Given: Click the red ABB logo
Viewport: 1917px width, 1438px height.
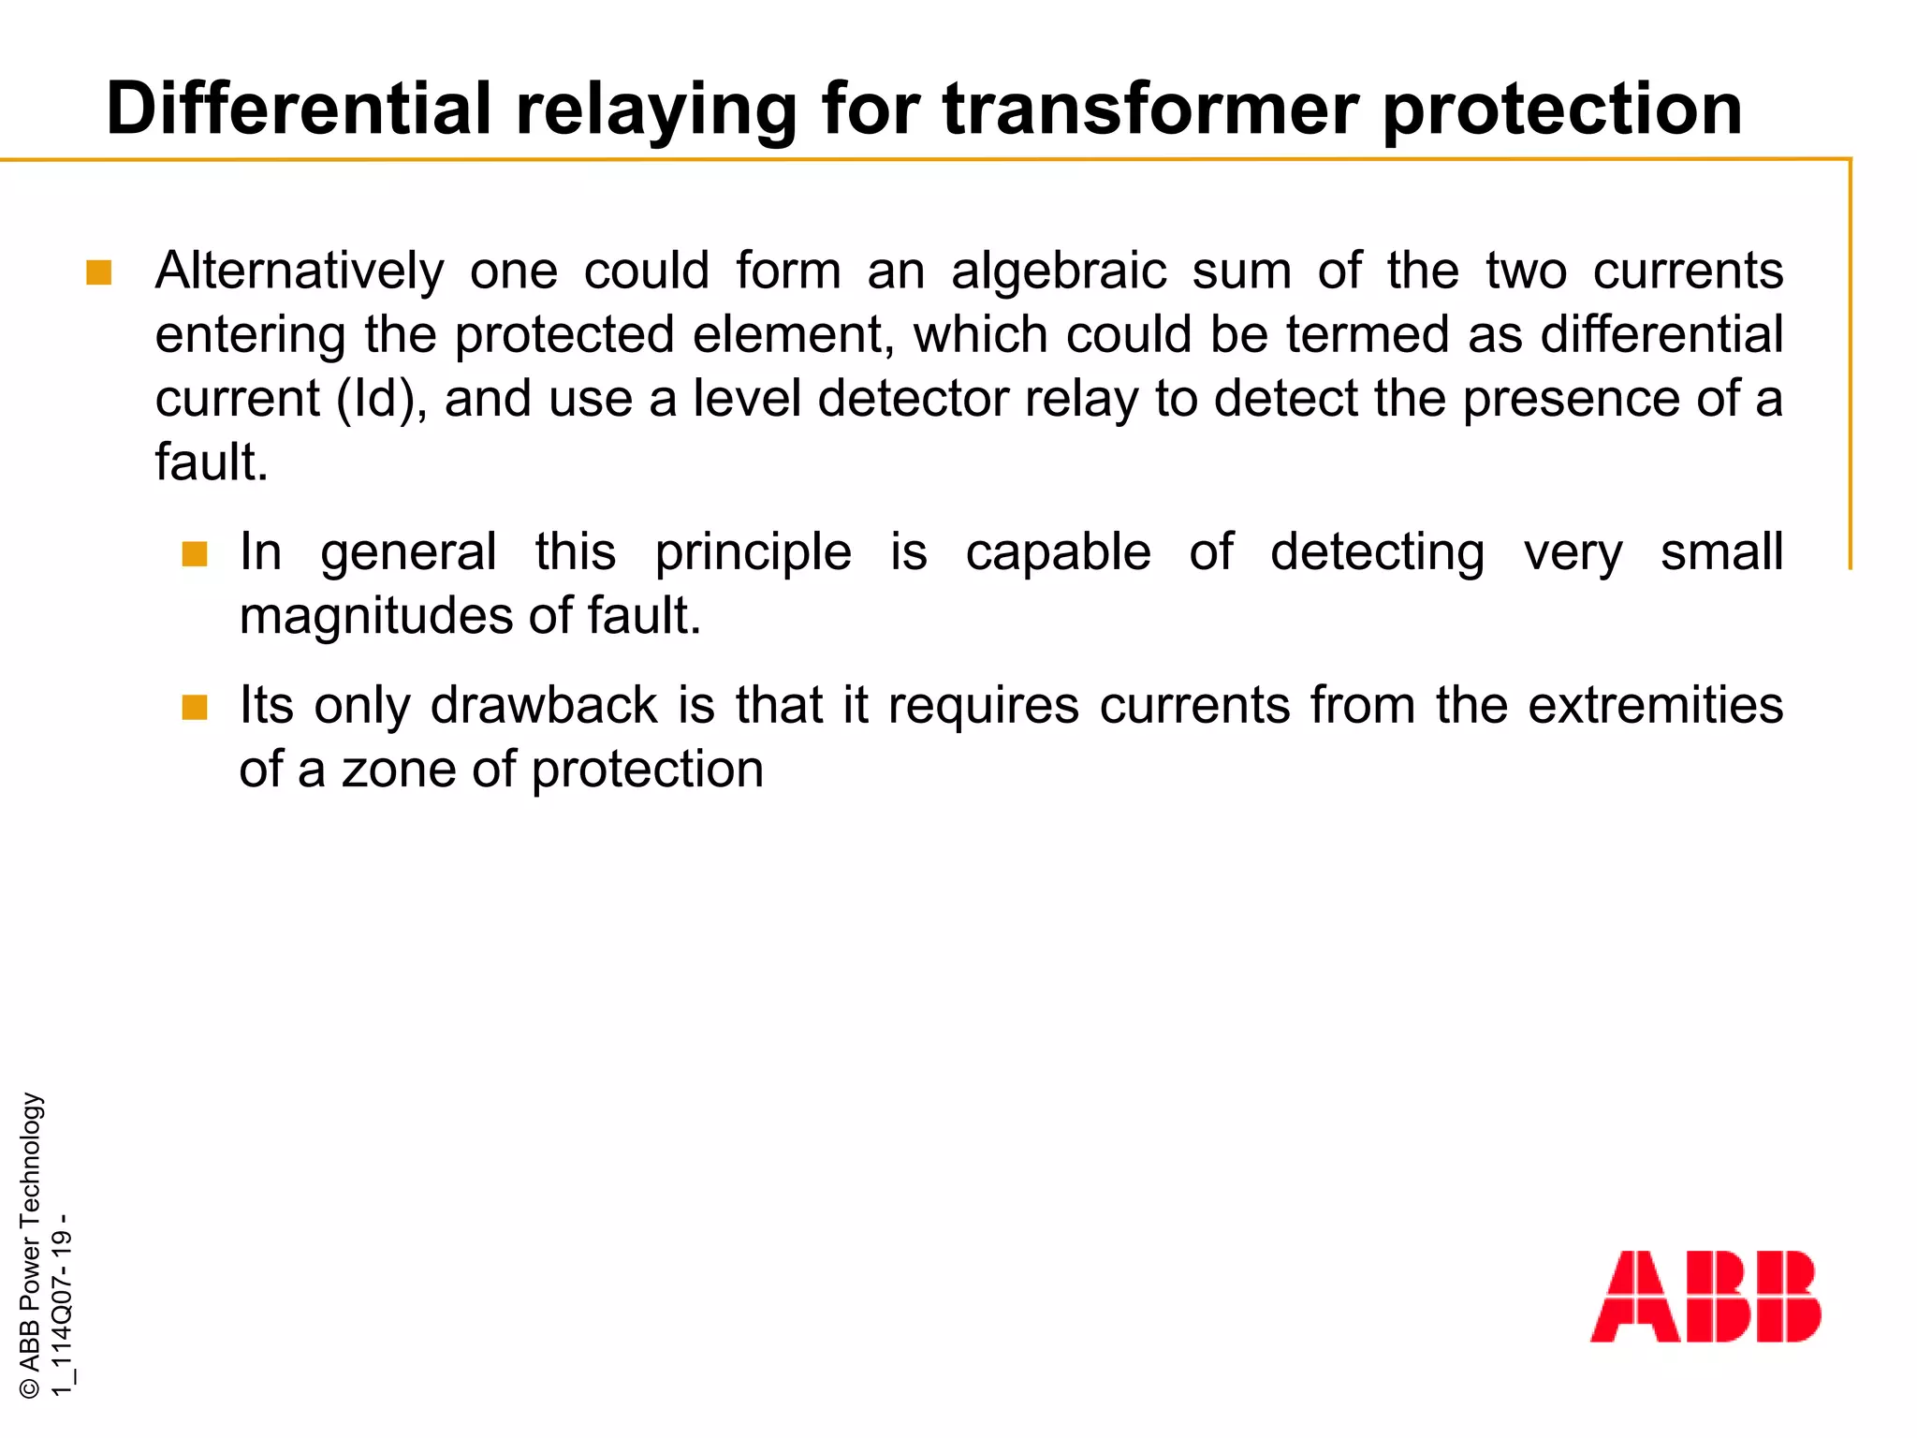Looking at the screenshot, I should click(1705, 1296).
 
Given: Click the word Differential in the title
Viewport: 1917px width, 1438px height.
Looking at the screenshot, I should click(299, 109).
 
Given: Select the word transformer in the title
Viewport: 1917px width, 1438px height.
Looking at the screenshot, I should click(1151, 109).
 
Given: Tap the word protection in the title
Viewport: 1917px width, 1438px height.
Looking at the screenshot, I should click(1562, 110).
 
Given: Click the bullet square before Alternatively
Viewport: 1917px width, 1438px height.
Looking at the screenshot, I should click(98, 272).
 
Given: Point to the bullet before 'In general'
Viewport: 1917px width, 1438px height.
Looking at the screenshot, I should click(194, 554).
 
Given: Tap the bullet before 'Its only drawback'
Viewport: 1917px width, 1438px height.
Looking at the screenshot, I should click(194, 707).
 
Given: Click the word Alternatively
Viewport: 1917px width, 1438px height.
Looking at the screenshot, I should click(300, 271).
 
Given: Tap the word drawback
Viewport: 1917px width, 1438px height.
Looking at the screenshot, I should click(544, 705).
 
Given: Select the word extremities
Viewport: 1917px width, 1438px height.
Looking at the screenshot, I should click(1655, 705).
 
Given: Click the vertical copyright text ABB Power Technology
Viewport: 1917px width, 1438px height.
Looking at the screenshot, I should click(30, 1245).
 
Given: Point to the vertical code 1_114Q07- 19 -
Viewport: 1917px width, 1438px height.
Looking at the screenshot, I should click(62, 1305).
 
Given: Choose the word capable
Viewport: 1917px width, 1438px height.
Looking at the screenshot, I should click(1058, 552).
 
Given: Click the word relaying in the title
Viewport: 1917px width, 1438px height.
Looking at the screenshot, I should click(656, 110).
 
